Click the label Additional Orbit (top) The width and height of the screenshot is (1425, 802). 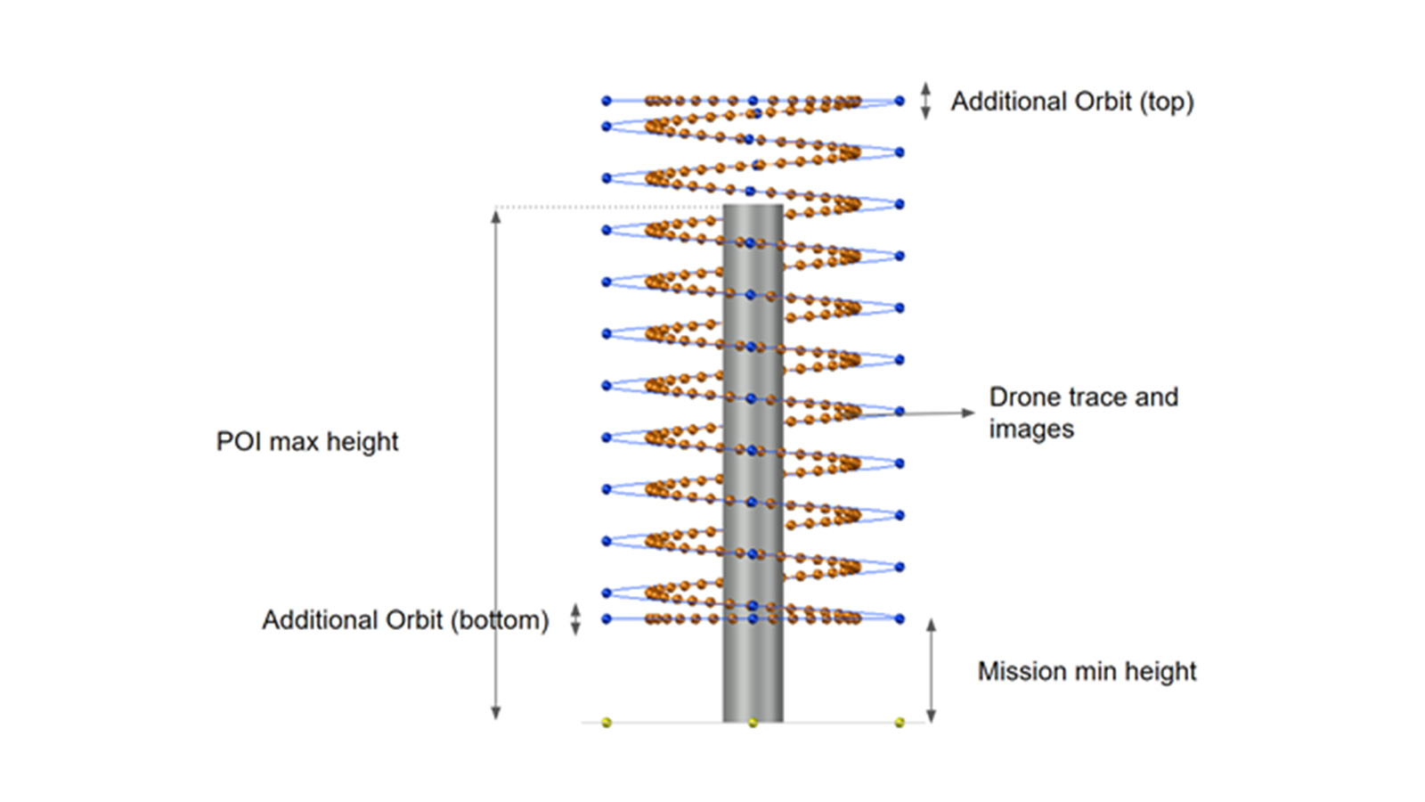click(x=1071, y=102)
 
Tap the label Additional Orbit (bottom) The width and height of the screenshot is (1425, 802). click(x=405, y=620)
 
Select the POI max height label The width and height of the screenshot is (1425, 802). click(x=307, y=441)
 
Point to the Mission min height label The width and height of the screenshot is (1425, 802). click(x=1087, y=671)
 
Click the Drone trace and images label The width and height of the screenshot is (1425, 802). click(x=1083, y=413)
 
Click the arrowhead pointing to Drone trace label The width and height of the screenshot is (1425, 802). click(x=968, y=413)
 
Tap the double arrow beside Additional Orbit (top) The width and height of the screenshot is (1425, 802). click(x=925, y=101)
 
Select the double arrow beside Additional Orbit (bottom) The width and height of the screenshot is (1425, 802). click(x=575, y=619)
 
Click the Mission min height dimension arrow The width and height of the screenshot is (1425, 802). click(x=931, y=670)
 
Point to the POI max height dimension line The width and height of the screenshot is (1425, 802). click(x=496, y=463)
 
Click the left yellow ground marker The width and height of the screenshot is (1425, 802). click(x=607, y=722)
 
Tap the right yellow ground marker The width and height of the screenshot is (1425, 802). click(x=900, y=722)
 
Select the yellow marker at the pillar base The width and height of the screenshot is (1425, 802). click(x=753, y=722)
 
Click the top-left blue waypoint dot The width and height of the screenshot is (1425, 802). click(x=607, y=101)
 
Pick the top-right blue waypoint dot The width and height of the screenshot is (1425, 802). click(x=900, y=101)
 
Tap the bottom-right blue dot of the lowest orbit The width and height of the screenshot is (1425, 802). click(x=900, y=618)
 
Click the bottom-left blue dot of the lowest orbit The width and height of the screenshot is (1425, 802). click(x=607, y=618)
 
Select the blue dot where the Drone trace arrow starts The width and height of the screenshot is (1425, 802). click(x=900, y=412)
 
